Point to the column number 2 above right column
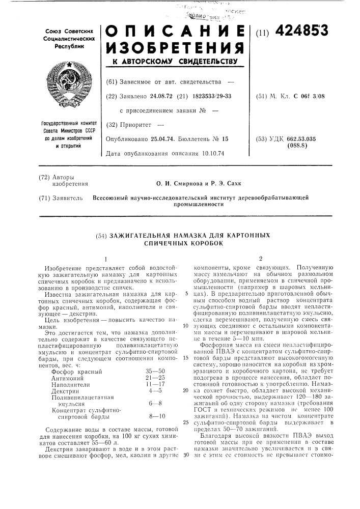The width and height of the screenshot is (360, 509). click(261, 258)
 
